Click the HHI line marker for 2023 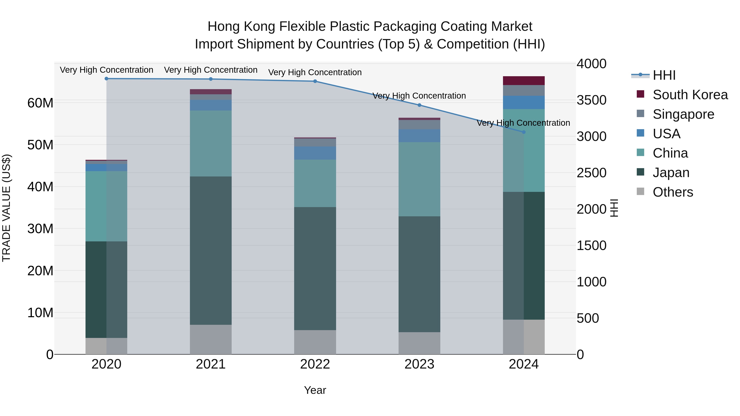click(419, 105)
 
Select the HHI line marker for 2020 click(106, 79)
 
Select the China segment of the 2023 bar click(419, 179)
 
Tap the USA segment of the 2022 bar click(315, 153)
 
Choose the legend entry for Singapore click(683, 114)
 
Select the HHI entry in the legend click(664, 75)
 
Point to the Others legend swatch click(640, 191)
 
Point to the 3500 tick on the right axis click(591, 100)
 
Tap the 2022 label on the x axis click(315, 364)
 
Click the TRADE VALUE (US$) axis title click(6, 208)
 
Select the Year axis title click(315, 390)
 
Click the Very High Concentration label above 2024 click(523, 123)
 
